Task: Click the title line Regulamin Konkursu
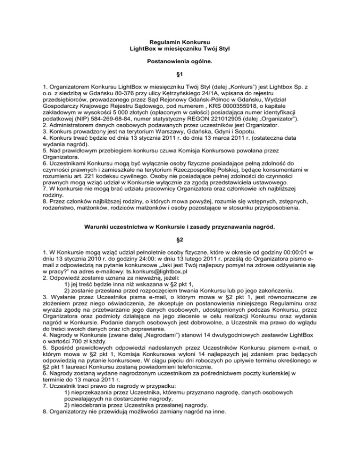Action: pyautogui.click(x=180, y=43)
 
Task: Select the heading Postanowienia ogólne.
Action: pyautogui.click(x=180, y=61)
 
